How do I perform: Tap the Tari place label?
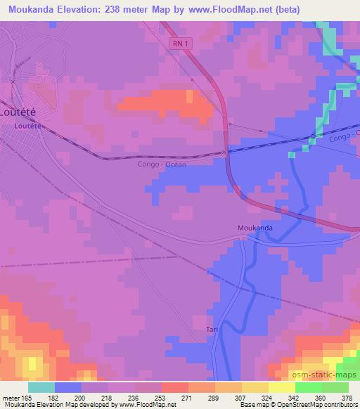(212, 329)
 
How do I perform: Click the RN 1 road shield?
(181, 44)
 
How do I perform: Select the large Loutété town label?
(19, 112)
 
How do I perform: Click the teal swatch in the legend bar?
(41, 387)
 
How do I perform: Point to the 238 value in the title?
(123, 9)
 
